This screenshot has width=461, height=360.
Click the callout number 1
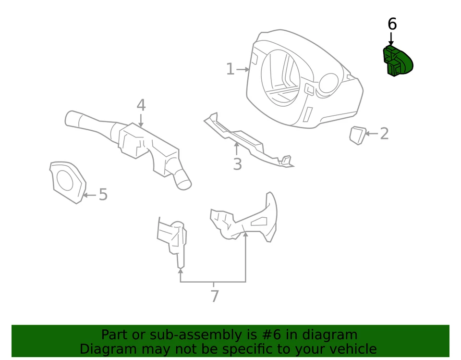(x=230, y=69)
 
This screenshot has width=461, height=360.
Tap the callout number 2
(x=384, y=134)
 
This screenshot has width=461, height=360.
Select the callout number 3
(x=237, y=164)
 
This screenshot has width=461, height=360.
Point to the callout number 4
(x=141, y=105)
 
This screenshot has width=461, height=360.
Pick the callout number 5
(x=103, y=195)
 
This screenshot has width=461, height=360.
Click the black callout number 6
(x=392, y=24)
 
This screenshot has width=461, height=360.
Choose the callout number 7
(x=214, y=296)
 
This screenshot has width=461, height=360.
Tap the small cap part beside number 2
(x=357, y=135)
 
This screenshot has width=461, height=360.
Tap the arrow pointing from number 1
(x=243, y=70)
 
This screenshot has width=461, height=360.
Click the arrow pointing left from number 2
(x=372, y=134)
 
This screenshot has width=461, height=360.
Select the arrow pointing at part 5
(x=89, y=195)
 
